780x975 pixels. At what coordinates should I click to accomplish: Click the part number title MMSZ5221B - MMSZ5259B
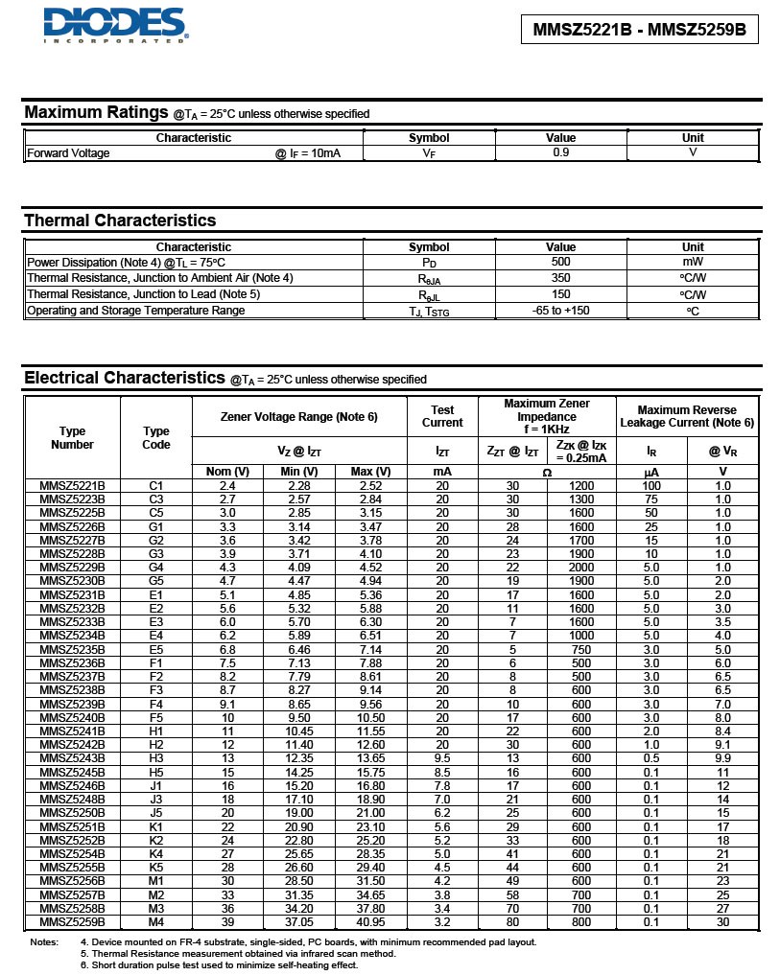tap(639, 30)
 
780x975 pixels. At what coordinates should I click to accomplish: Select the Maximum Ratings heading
tap(96, 112)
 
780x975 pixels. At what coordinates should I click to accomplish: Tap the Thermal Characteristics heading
tap(120, 221)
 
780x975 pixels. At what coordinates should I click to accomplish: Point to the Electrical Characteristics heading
tap(124, 378)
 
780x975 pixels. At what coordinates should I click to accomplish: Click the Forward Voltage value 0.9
tap(560, 152)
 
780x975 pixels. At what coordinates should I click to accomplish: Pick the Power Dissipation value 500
tap(560, 262)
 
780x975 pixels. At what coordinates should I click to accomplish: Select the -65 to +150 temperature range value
tap(560, 311)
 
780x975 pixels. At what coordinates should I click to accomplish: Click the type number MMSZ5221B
tap(72, 486)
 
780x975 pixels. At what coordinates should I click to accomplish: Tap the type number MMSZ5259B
tap(72, 921)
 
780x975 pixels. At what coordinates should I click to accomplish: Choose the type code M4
tap(156, 921)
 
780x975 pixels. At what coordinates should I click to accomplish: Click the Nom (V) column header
tap(227, 472)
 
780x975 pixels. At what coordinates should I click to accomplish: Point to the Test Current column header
tap(442, 416)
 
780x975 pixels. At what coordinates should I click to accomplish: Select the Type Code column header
tap(156, 438)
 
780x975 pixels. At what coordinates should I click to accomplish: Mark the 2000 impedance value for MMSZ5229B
tap(581, 568)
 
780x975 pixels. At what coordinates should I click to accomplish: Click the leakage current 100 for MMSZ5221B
tap(651, 486)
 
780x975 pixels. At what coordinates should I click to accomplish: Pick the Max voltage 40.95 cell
tap(370, 921)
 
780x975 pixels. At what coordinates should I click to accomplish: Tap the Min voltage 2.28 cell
tap(298, 486)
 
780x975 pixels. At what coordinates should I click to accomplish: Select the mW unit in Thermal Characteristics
tap(692, 262)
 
